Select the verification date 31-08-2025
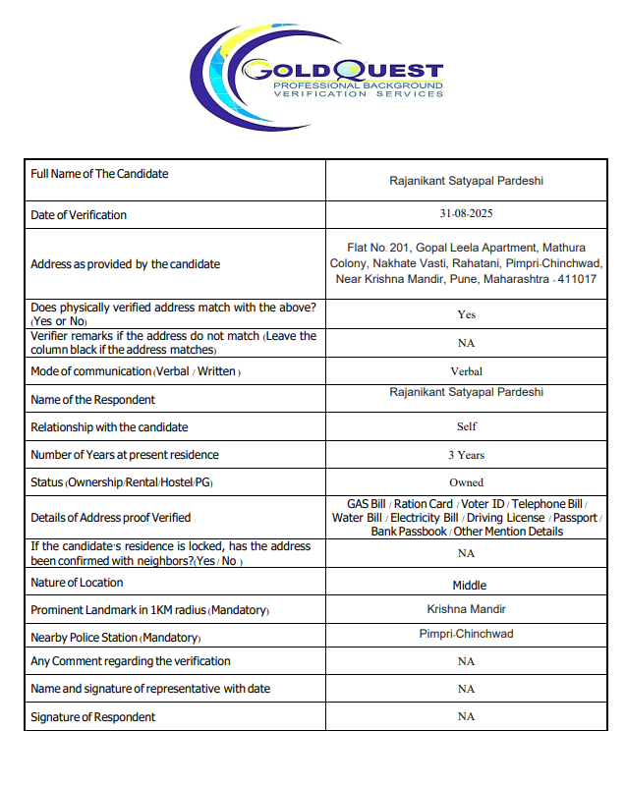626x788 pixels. click(x=466, y=214)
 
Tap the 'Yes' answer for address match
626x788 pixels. click(x=466, y=314)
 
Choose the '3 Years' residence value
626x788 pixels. click(x=466, y=455)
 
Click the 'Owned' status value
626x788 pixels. click(x=466, y=482)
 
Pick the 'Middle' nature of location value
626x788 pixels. click(x=469, y=585)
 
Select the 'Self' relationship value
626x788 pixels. click(x=466, y=426)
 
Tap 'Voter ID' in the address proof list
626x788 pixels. click(x=481, y=504)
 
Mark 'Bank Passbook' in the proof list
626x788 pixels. click(x=409, y=532)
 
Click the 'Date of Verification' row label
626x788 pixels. click(x=79, y=215)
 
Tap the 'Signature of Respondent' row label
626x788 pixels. click(x=92, y=717)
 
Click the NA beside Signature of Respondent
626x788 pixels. click(x=466, y=716)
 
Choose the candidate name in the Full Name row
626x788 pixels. click(x=466, y=181)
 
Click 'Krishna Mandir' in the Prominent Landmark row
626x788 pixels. click(x=466, y=609)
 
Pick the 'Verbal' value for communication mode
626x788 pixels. click(x=466, y=371)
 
